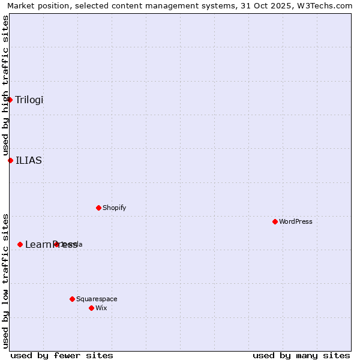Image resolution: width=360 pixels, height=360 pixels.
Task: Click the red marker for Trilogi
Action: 10,100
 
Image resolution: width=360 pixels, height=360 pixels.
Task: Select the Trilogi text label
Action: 29,100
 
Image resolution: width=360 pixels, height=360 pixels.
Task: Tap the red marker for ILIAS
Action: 10,160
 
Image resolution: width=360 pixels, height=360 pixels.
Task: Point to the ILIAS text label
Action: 29,160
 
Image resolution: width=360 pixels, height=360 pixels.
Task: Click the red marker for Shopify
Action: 98,208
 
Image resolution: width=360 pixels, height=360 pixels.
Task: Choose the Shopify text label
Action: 114,208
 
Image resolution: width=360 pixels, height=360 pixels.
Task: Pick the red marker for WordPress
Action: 275,221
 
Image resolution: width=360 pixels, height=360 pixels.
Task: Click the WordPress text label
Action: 295,221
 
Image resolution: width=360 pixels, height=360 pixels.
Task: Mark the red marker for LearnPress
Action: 20,244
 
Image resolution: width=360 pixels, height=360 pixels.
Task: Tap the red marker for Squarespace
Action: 72,299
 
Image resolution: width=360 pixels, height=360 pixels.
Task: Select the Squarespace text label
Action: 97,299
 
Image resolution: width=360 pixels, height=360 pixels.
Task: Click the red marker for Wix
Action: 91,308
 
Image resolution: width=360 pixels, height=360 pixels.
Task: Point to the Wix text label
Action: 101,308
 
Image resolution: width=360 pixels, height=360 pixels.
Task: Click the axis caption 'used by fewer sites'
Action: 62,355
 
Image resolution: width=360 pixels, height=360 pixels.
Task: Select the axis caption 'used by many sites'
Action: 301,355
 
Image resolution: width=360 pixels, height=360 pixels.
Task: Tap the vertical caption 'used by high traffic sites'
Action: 5,86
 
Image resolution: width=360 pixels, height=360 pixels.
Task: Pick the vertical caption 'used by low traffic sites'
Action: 5,280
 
